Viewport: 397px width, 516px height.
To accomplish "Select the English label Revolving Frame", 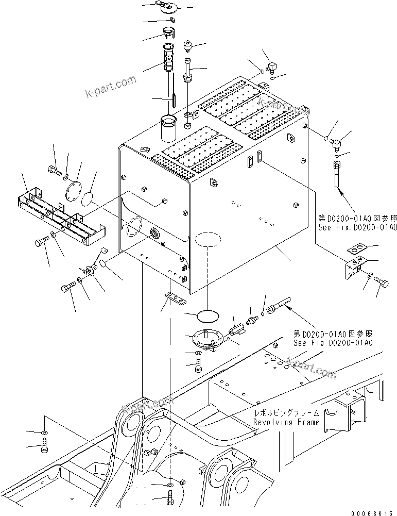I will pos(286,422).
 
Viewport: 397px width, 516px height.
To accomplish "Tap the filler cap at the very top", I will pos(168,7).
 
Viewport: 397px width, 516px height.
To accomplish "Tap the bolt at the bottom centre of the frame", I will pos(171,499).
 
